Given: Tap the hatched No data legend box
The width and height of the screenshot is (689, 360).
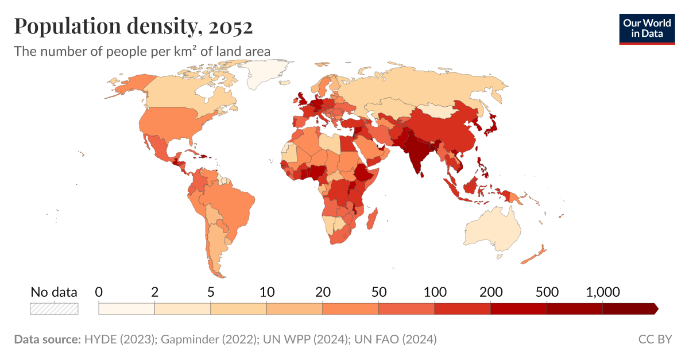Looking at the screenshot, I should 54,309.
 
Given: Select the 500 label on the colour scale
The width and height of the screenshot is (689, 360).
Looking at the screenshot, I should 547,292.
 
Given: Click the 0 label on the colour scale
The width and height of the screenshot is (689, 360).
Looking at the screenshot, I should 99,292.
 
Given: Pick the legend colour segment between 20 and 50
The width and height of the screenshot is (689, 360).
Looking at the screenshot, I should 350,309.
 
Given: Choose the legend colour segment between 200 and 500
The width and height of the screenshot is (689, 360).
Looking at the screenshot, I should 518,309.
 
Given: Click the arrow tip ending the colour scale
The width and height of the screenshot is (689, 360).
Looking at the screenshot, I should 655,309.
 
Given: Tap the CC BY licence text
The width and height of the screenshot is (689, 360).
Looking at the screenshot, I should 655,339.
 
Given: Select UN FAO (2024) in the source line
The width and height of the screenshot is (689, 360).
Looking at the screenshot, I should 396,339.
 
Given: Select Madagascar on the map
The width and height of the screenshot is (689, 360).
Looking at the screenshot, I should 372,219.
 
